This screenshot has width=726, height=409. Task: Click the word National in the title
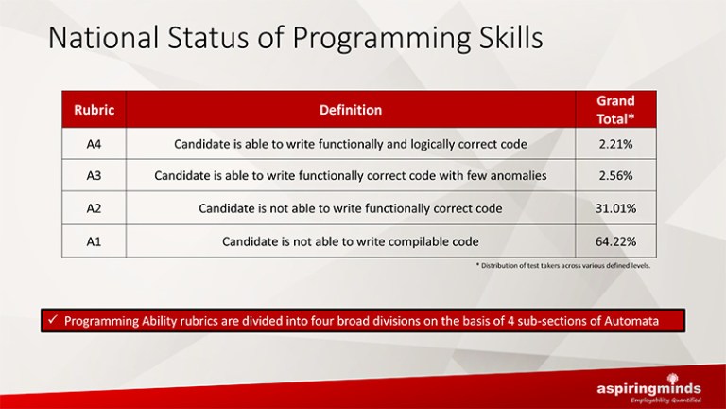point(104,38)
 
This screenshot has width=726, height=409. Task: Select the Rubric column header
point(94,110)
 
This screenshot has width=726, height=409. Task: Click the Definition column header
point(351,110)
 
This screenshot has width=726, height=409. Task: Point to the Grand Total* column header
point(615,110)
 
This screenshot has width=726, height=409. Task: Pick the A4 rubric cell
point(94,144)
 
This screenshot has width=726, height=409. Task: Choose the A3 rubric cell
point(94,176)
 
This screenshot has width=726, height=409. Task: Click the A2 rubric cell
point(94,208)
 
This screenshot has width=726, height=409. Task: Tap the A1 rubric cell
point(94,241)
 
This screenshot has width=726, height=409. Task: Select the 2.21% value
point(615,144)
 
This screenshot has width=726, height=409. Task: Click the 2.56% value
point(615,176)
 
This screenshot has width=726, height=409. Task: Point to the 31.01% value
point(615,208)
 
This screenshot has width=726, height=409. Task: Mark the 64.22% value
point(615,241)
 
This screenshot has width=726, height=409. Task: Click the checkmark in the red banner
point(52,320)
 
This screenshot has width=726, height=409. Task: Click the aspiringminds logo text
point(648,388)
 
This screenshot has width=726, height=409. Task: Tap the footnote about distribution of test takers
point(563,266)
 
